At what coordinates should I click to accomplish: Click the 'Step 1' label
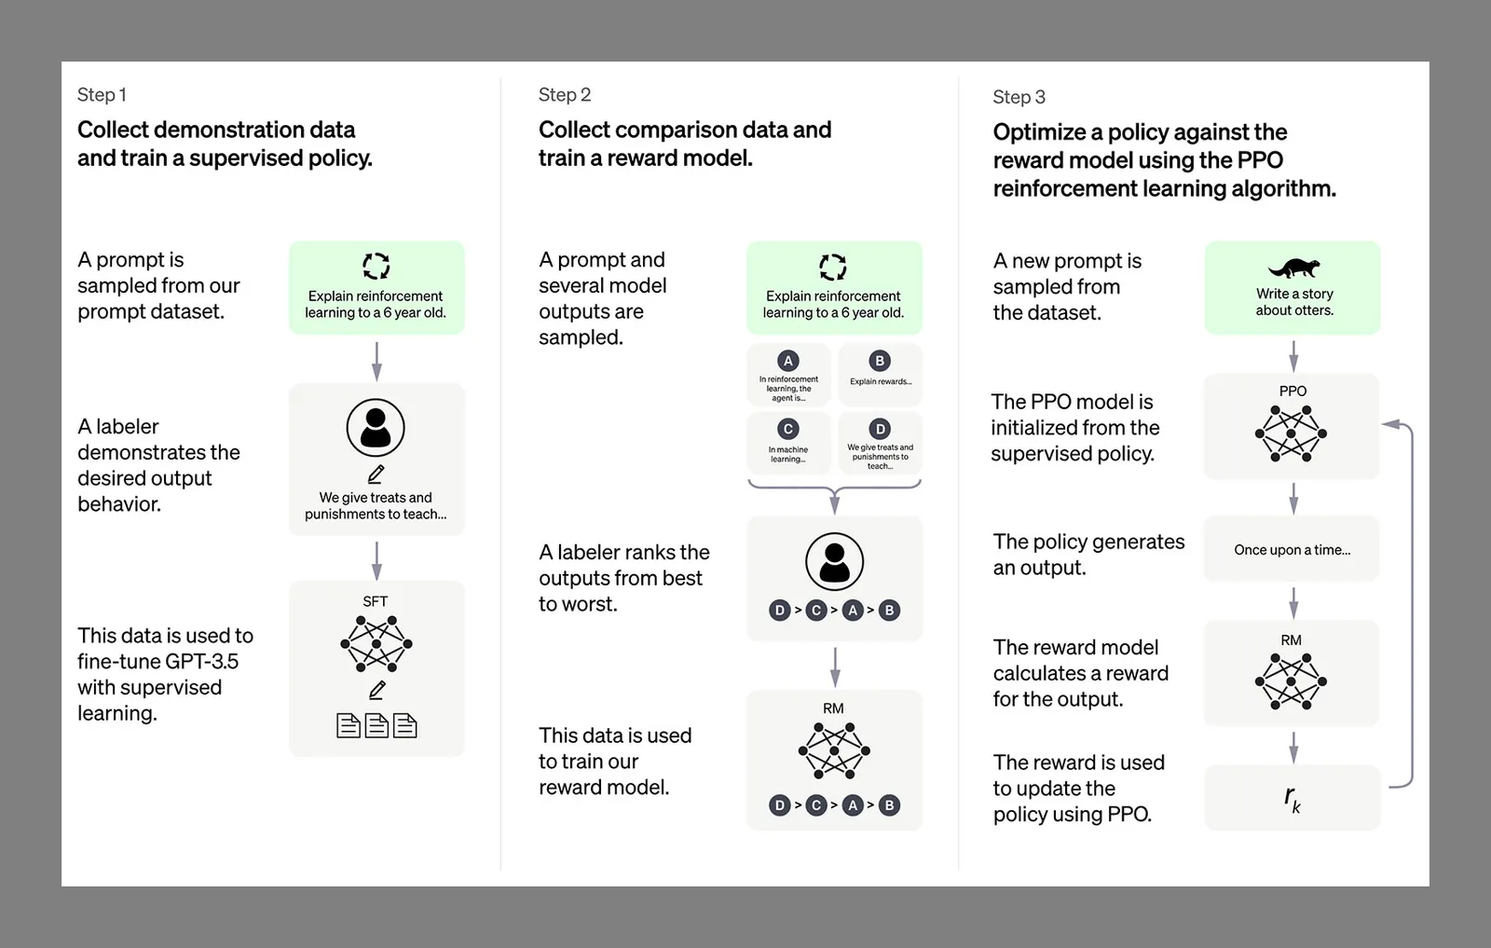(102, 94)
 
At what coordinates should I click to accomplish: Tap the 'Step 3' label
(1019, 97)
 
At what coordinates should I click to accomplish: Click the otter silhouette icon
(1293, 268)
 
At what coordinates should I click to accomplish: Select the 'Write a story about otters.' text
(1294, 302)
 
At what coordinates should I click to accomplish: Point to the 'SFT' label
(375, 601)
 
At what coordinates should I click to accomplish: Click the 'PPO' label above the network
(1293, 391)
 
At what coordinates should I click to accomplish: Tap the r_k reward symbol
(1292, 798)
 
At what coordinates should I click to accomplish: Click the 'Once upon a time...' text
(1292, 550)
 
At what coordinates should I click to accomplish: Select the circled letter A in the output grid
(788, 361)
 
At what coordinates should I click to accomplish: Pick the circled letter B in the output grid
(880, 361)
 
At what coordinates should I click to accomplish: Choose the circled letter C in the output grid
(788, 429)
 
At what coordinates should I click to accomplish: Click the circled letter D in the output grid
(880, 429)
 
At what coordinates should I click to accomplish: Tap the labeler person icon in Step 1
(376, 428)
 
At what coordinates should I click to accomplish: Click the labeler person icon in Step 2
(834, 561)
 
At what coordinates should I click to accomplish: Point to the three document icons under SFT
(376, 725)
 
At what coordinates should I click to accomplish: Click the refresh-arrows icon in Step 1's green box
(376, 266)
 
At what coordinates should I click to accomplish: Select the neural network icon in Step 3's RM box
(1291, 681)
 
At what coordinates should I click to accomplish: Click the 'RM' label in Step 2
(833, 708)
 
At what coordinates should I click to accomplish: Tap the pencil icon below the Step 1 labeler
(376, 474)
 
